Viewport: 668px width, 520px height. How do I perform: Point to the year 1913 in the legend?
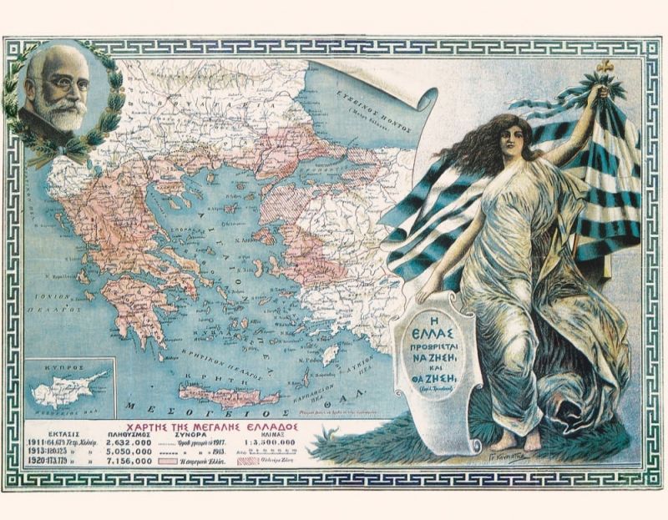point(41,452)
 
